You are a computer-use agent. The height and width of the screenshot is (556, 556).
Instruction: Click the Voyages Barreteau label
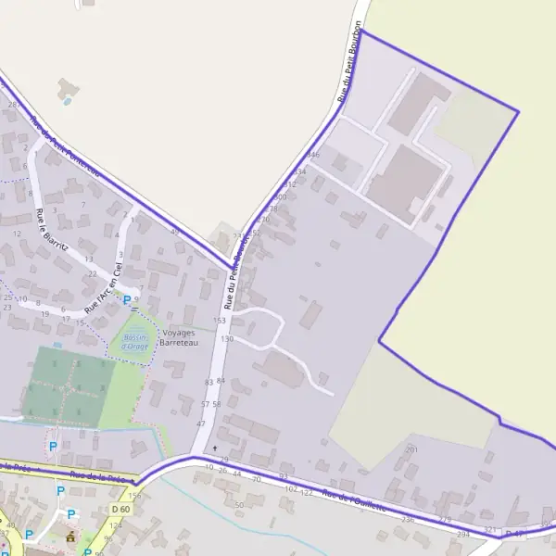tap(180, 337)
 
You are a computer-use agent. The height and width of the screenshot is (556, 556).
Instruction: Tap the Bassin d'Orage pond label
tap(136, 343)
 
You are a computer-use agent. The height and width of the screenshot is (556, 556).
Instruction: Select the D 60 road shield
tap(120, 509)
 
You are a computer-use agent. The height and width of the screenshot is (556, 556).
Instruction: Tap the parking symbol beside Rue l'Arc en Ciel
tap(127, 300)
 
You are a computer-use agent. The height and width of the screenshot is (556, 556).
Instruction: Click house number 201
tap(411, 449)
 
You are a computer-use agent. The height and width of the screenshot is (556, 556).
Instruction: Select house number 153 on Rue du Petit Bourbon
tap(219, 320)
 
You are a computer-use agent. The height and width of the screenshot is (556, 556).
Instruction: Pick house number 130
tap(227, 339)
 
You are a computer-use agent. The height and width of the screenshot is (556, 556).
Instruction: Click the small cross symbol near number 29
tap(215, 448)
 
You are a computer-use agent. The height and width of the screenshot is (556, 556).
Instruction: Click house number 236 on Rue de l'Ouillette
tap(408, 520)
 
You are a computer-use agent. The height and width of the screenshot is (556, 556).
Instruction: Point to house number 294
tap(463, 535)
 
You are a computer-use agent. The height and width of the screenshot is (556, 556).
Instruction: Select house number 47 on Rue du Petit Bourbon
tap(200, 423)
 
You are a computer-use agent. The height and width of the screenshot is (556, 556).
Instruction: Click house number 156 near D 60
tap(135, 497)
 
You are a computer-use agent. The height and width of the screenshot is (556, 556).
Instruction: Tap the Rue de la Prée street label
tap(104, 475)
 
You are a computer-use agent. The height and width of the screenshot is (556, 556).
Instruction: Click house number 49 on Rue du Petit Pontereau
tap(174, 231)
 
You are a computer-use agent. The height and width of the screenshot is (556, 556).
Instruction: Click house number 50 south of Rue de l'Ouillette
tap(239, 505)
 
